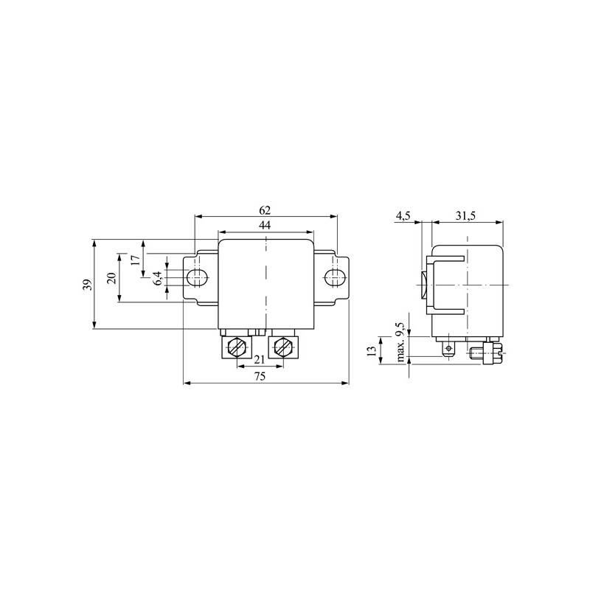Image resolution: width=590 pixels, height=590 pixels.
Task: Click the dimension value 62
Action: click(265, 210)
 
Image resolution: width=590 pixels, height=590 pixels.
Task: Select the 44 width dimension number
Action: click(265, 226)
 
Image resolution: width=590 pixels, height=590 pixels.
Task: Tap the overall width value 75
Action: click(260, 376)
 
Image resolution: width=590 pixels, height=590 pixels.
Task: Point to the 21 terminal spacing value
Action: click(260, 360)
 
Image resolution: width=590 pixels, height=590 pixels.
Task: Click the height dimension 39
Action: click(88, 285)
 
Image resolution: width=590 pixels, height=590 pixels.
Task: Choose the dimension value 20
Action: click(111, 278)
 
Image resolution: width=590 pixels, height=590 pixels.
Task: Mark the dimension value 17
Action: click(136, 260)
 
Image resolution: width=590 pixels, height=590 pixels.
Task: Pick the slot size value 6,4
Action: click(158, 278)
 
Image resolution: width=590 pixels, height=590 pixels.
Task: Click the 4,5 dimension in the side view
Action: click(403, 216)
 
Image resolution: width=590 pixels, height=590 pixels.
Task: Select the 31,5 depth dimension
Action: click(465, 216)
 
